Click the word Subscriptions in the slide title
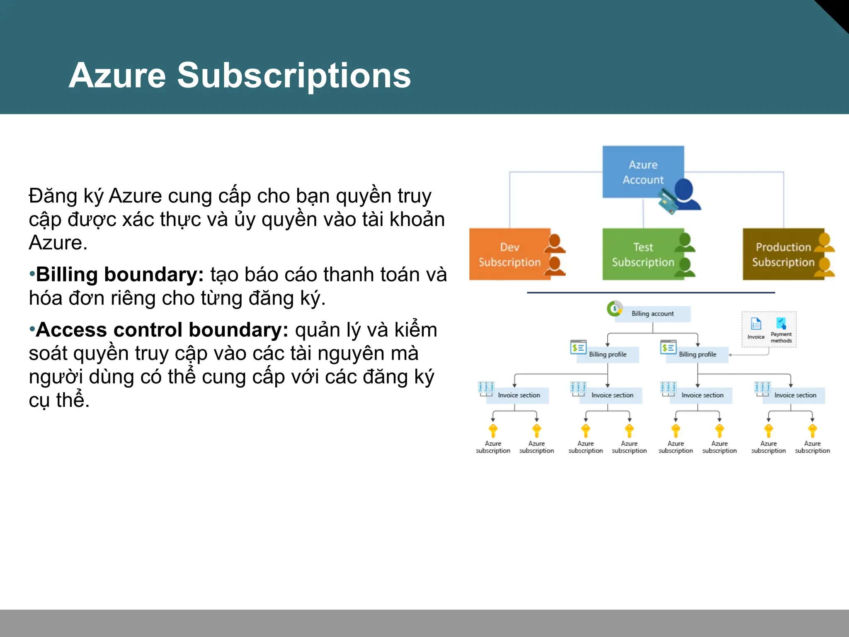point(294,75)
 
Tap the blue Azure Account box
point(643,172)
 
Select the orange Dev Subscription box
point(509,254)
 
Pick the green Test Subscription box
point(643,254)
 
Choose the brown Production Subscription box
point(783,254)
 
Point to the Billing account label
point(653,314)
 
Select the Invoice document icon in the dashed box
point(756,324)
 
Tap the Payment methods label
point(781,337)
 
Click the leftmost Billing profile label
point(607,355)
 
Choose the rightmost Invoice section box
point(795,395)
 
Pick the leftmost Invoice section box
point(518,395)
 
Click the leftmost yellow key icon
point(493,430)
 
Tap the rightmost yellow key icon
point(813,430)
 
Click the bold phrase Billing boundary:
point(120,275)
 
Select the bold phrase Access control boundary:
point(162,330)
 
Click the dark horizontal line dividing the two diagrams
point(651,293)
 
